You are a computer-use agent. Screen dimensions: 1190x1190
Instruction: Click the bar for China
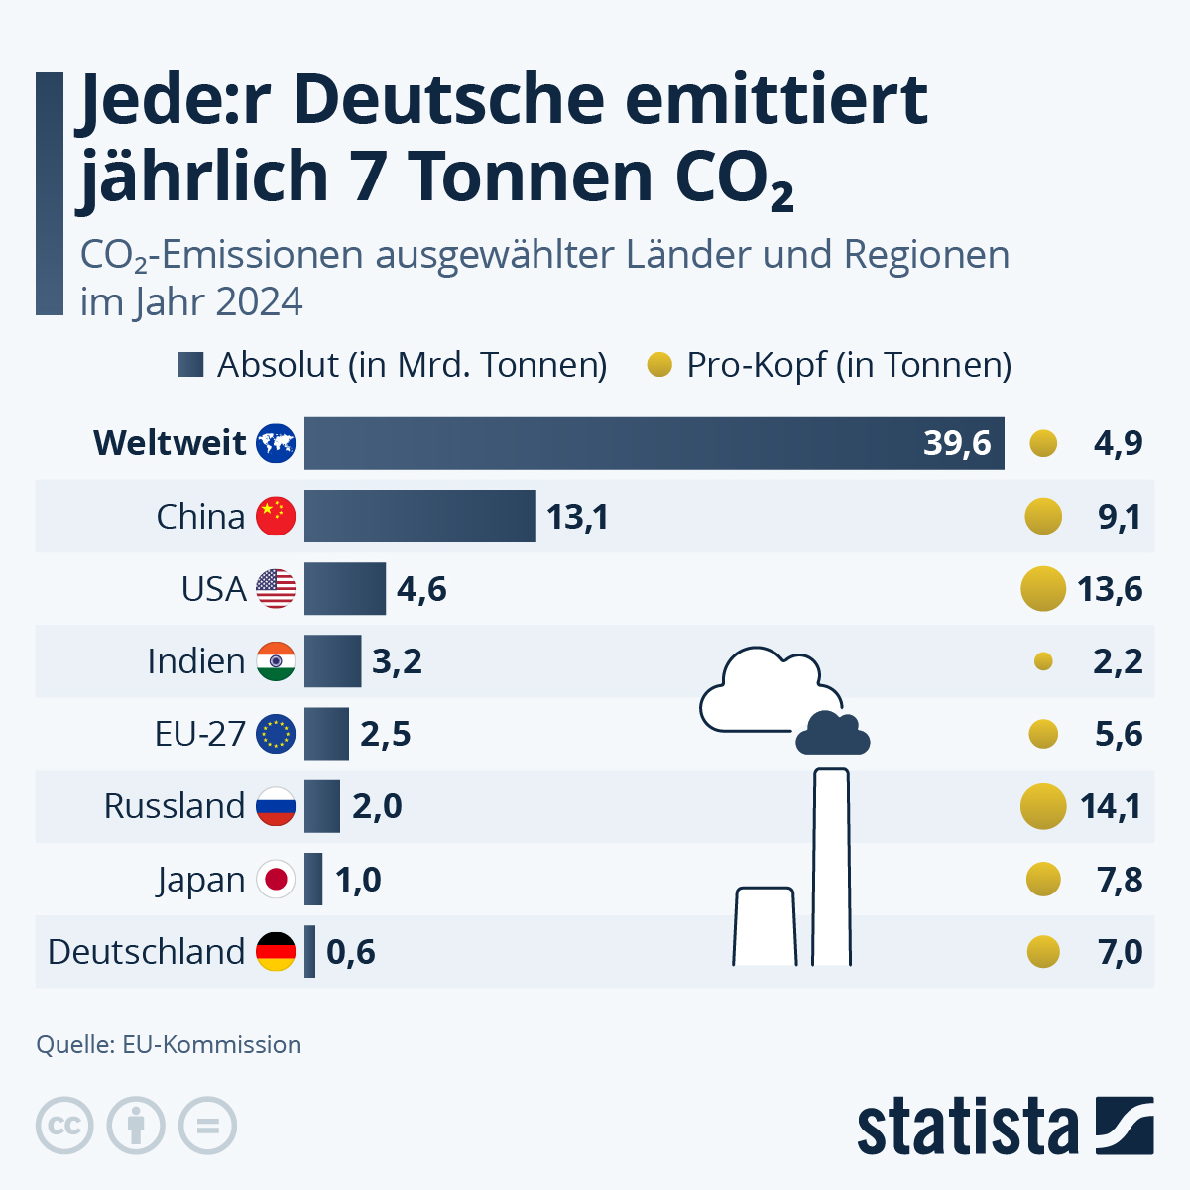pos(419,516)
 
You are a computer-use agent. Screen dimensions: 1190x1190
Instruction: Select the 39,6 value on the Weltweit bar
pos(956,443)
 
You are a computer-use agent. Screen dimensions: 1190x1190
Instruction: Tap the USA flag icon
pos(276,589)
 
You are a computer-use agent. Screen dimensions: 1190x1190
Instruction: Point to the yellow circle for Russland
pos(1043,806)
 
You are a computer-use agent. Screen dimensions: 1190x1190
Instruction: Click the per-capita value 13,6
pos(1110,589)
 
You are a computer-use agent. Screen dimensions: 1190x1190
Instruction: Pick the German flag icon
pos(276,952)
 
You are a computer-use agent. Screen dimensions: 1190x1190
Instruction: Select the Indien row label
pos(195,661)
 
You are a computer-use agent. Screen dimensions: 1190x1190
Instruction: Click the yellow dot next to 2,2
pos(1043,661)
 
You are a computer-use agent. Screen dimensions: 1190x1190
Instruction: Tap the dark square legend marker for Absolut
pos(190,365)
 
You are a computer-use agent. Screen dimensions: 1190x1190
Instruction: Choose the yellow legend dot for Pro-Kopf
pos(659,365)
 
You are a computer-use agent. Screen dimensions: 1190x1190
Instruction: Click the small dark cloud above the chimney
pos(833,735)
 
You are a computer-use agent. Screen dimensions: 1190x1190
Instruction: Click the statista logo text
pos(967,1128)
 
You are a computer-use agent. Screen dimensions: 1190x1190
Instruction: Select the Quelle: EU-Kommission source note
pos(169,1044)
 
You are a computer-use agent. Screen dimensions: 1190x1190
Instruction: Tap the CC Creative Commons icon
pos(64,1127)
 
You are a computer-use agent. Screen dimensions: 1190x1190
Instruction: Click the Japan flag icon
pos(276,880)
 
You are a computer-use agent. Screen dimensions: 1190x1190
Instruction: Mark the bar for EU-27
pos(326,734)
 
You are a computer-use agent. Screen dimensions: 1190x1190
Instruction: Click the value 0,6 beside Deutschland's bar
pos(351,952)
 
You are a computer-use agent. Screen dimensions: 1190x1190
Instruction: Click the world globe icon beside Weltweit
pos(276,443)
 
